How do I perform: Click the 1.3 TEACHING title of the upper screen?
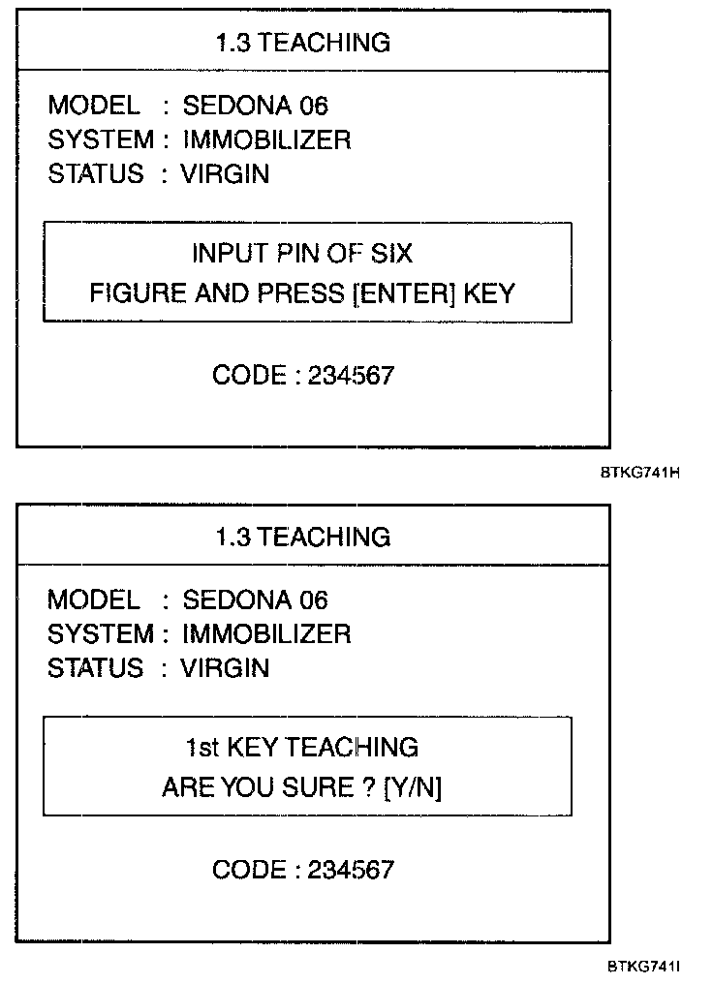(x=302, y=43)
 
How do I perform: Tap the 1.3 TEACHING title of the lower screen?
(x=302, y=537)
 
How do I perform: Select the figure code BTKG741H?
(x=639, y=474)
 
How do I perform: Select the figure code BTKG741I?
(x=645, y=967)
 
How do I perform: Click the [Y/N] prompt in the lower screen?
(x=414, y=788)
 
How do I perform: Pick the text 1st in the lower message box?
(x=201, y=748)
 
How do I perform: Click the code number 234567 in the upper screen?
(x=351, y=376)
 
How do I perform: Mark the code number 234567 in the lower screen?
(x=351, y=870)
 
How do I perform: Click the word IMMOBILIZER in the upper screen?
(x=266, y=140)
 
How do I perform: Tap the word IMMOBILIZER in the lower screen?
(x=266, y=634)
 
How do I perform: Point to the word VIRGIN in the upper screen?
(x=225, y=175)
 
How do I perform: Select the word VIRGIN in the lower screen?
(x=225, y=668)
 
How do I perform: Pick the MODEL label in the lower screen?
(x=93, y=600)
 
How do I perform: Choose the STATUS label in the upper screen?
(x=95, y=175)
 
